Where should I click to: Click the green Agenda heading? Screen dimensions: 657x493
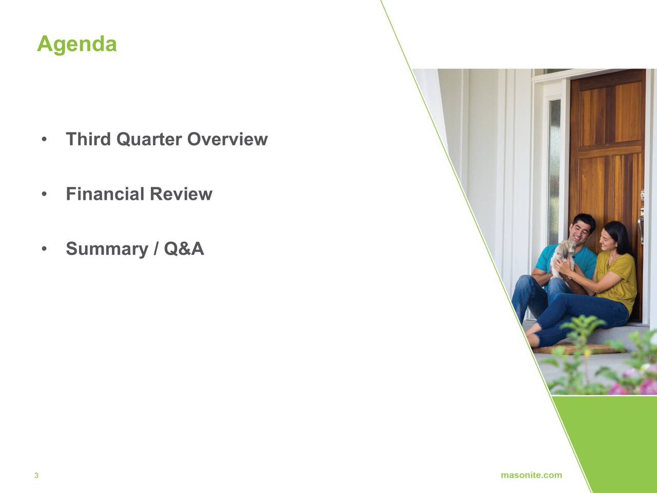tap(77, 45)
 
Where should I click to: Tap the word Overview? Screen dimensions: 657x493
tap(227, 139)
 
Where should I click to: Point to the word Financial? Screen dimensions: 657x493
tap(105, 194)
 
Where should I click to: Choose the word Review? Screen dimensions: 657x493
tap(181, 194)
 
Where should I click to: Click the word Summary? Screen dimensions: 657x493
tap(107, 249)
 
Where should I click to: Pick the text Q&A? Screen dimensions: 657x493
tap(184, 249)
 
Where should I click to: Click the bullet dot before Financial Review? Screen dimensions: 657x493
tap(44, 194)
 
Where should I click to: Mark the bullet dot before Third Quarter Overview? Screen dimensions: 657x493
tap(44, 139)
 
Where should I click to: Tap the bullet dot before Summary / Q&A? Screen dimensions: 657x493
tap(44, 249)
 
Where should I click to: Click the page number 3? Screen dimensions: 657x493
tap(36, 476)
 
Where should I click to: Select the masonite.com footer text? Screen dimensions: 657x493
tap(531, 475)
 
